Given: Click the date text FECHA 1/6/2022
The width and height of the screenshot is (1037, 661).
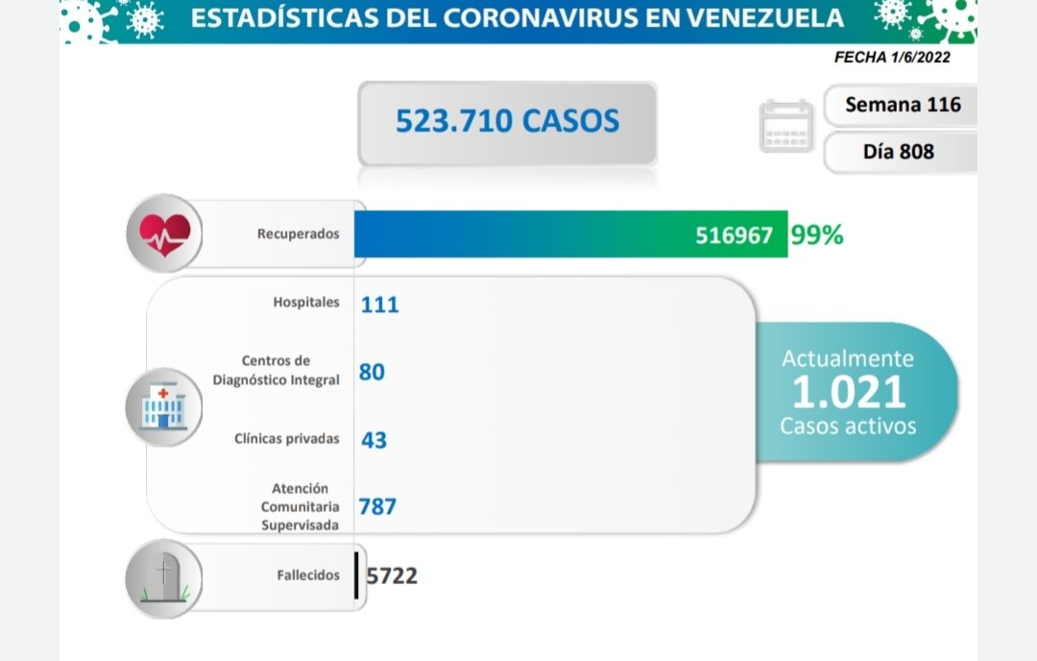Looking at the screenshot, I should (893, 58).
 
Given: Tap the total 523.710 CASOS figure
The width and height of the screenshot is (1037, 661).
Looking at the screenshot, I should (507, 121).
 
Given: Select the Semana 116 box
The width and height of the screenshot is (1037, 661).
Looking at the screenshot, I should (902, 105).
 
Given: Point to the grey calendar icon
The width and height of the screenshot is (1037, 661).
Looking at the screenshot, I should (786, 126).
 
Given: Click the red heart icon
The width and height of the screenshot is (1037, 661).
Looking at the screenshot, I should (165, 233).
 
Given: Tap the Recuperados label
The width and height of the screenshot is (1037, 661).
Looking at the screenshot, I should (298, 233).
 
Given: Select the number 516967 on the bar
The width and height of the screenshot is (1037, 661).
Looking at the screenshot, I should (734, 235).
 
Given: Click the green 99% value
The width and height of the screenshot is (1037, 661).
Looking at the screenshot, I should (817, 234).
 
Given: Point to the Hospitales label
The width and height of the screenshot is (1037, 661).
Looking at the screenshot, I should (305, 302).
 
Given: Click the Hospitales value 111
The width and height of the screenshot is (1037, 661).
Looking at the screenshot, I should (379, 305).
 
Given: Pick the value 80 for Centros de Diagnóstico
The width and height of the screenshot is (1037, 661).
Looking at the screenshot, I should (372, 371).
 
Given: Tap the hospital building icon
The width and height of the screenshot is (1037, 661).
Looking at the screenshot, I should (163, 407).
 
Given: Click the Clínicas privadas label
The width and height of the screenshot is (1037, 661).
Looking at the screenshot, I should (286, 439).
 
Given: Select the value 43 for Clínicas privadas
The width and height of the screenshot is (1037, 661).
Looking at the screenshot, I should (374, 440).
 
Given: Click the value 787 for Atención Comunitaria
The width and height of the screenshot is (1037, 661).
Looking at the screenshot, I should (377, 506).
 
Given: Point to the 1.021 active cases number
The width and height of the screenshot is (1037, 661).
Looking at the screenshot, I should (849, 392).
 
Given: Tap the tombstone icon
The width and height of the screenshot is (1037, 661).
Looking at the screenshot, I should (164, 576).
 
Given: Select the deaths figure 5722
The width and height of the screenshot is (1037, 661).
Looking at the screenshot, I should (392, 575).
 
